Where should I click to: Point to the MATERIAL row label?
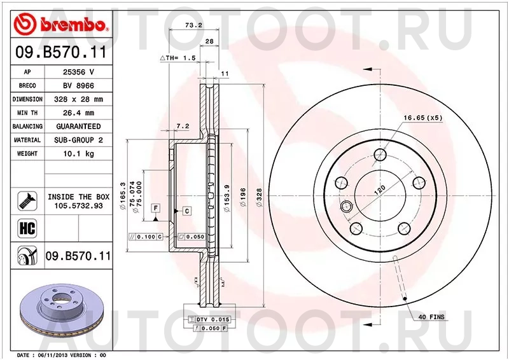coord(27,140)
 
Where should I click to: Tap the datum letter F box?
coord(155,208)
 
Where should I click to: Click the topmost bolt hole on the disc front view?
coord(380,155)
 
